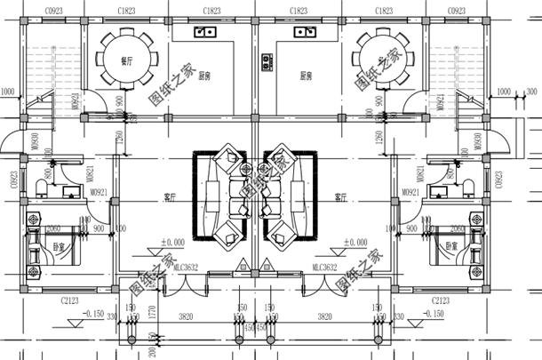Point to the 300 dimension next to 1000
[x=531, y=91]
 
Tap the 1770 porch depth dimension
[x=153, y=313]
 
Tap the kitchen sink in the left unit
[x=206, y=33]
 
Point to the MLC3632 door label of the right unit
[x=325, y=267]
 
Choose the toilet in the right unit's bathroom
[x=468, y=182]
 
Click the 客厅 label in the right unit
[x=339, y=196]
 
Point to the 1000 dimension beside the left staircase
[x=8, y=91]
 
